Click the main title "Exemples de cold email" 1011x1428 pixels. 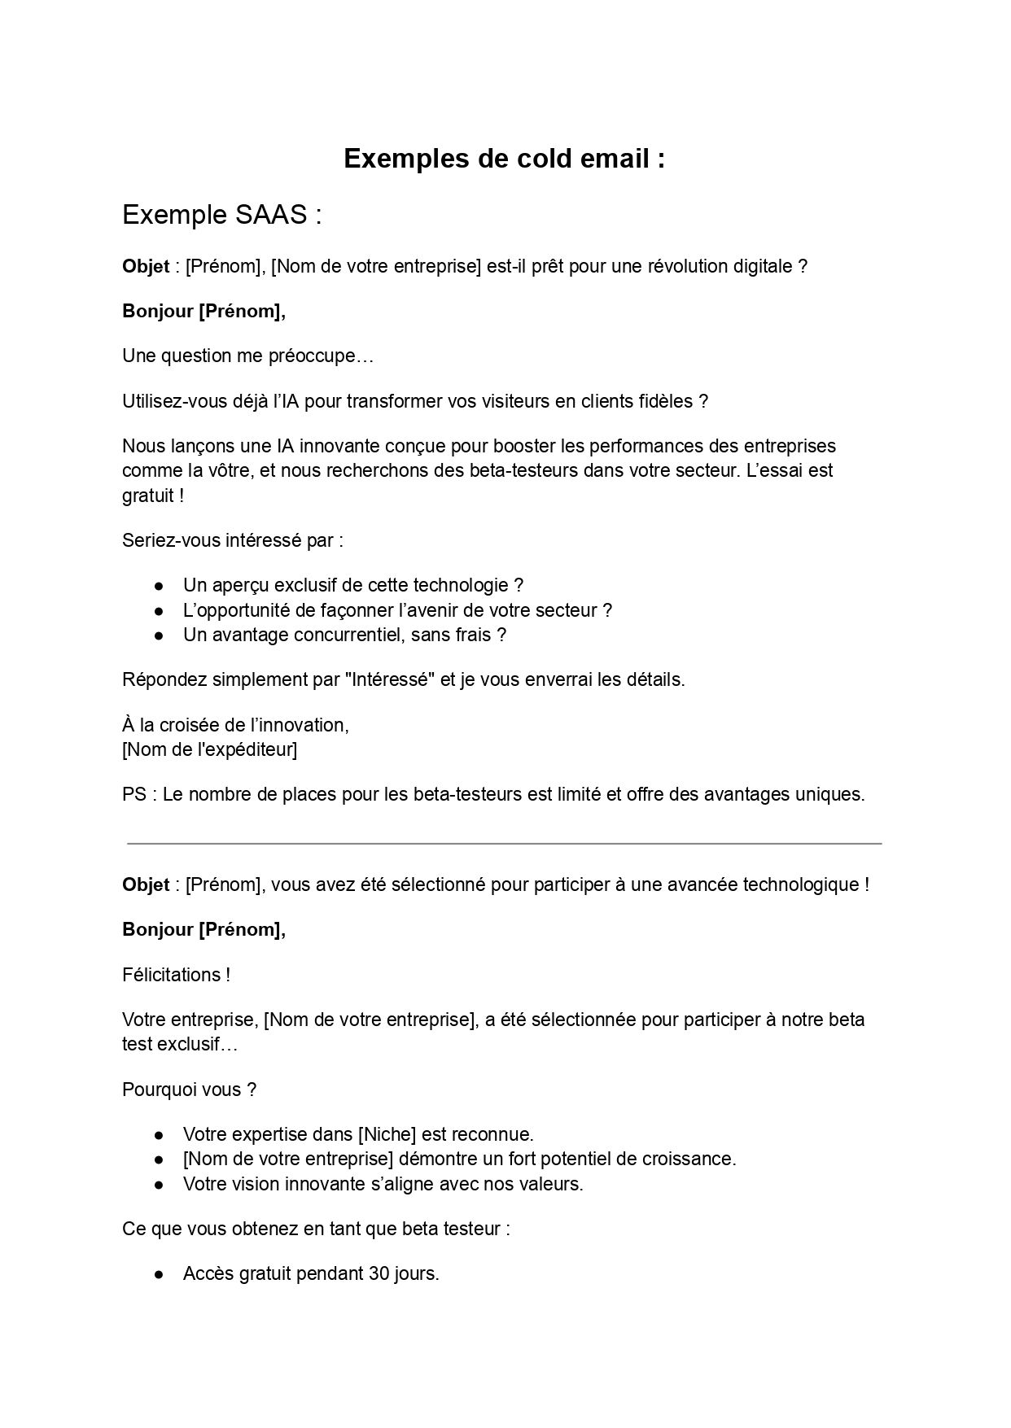pyautogui.click(x=504, y=159)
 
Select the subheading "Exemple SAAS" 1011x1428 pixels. pyautogui.click(x=222, y=215)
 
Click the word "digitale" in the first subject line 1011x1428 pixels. pyautogui.click(x=762, y=267)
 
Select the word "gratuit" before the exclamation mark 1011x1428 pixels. pyautogui.click(x=148, y=496)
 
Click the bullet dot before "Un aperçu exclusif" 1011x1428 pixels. pyautogui.click(x=160, y=586)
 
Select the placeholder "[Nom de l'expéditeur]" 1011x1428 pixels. pyautogui.click(x=209, y=749)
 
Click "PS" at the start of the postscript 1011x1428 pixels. pyautogui.click(x=133, y=794)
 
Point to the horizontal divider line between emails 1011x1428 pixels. pyautogui.click(x=504, y=844)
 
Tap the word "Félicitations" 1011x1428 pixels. pyautogui.click(x=171, y=975)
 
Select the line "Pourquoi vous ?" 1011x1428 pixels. pyautogui.click(x=190, y=1090)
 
